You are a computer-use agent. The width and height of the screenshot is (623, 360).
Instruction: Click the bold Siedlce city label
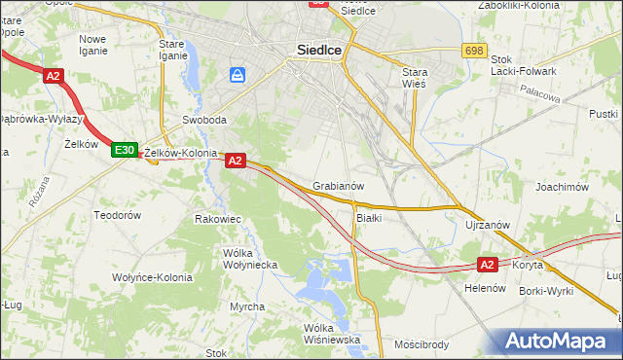point(317,54)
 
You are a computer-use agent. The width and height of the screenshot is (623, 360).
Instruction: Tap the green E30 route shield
point(123,150)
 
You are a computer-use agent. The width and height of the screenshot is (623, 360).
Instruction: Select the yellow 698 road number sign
point(475,51)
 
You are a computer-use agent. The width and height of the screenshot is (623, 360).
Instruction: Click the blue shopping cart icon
point(238,74)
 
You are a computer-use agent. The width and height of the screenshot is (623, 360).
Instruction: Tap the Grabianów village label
point(339,185)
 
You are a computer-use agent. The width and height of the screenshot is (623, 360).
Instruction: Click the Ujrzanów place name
point(488,225)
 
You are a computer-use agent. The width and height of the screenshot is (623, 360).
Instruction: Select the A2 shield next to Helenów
point(489,264)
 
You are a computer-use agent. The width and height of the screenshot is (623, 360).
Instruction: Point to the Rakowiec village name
point(218,219)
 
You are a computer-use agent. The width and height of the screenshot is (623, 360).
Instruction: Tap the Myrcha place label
point(247,306)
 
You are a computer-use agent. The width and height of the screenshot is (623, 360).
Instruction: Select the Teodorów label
point(117,214)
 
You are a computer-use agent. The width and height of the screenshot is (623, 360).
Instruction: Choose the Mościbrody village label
point(421,344)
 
